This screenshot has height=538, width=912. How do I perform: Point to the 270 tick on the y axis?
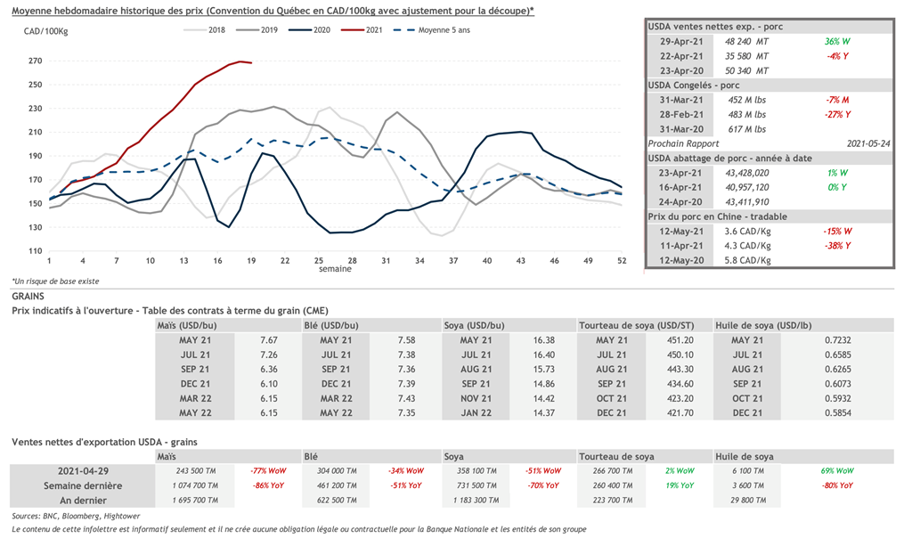[35, 61]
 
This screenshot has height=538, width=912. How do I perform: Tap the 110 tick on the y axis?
[35, 251]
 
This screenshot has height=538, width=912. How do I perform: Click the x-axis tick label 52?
[622, 261]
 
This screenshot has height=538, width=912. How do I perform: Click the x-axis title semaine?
[336, 269]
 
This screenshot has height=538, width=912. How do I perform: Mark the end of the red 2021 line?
[251, 63]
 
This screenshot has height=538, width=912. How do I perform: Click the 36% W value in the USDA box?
[838, 41]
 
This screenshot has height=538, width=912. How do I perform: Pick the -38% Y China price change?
[838, 246]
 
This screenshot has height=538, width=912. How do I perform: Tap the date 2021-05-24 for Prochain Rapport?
[866, 143]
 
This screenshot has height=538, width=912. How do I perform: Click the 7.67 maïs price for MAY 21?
[269, 340]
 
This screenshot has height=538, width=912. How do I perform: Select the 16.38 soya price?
[544, 340]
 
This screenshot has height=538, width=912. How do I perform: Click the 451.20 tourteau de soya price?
[680, 340]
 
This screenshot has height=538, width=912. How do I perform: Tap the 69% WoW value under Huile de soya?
[837, 470]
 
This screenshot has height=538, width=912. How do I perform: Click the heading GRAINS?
[28, 295]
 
